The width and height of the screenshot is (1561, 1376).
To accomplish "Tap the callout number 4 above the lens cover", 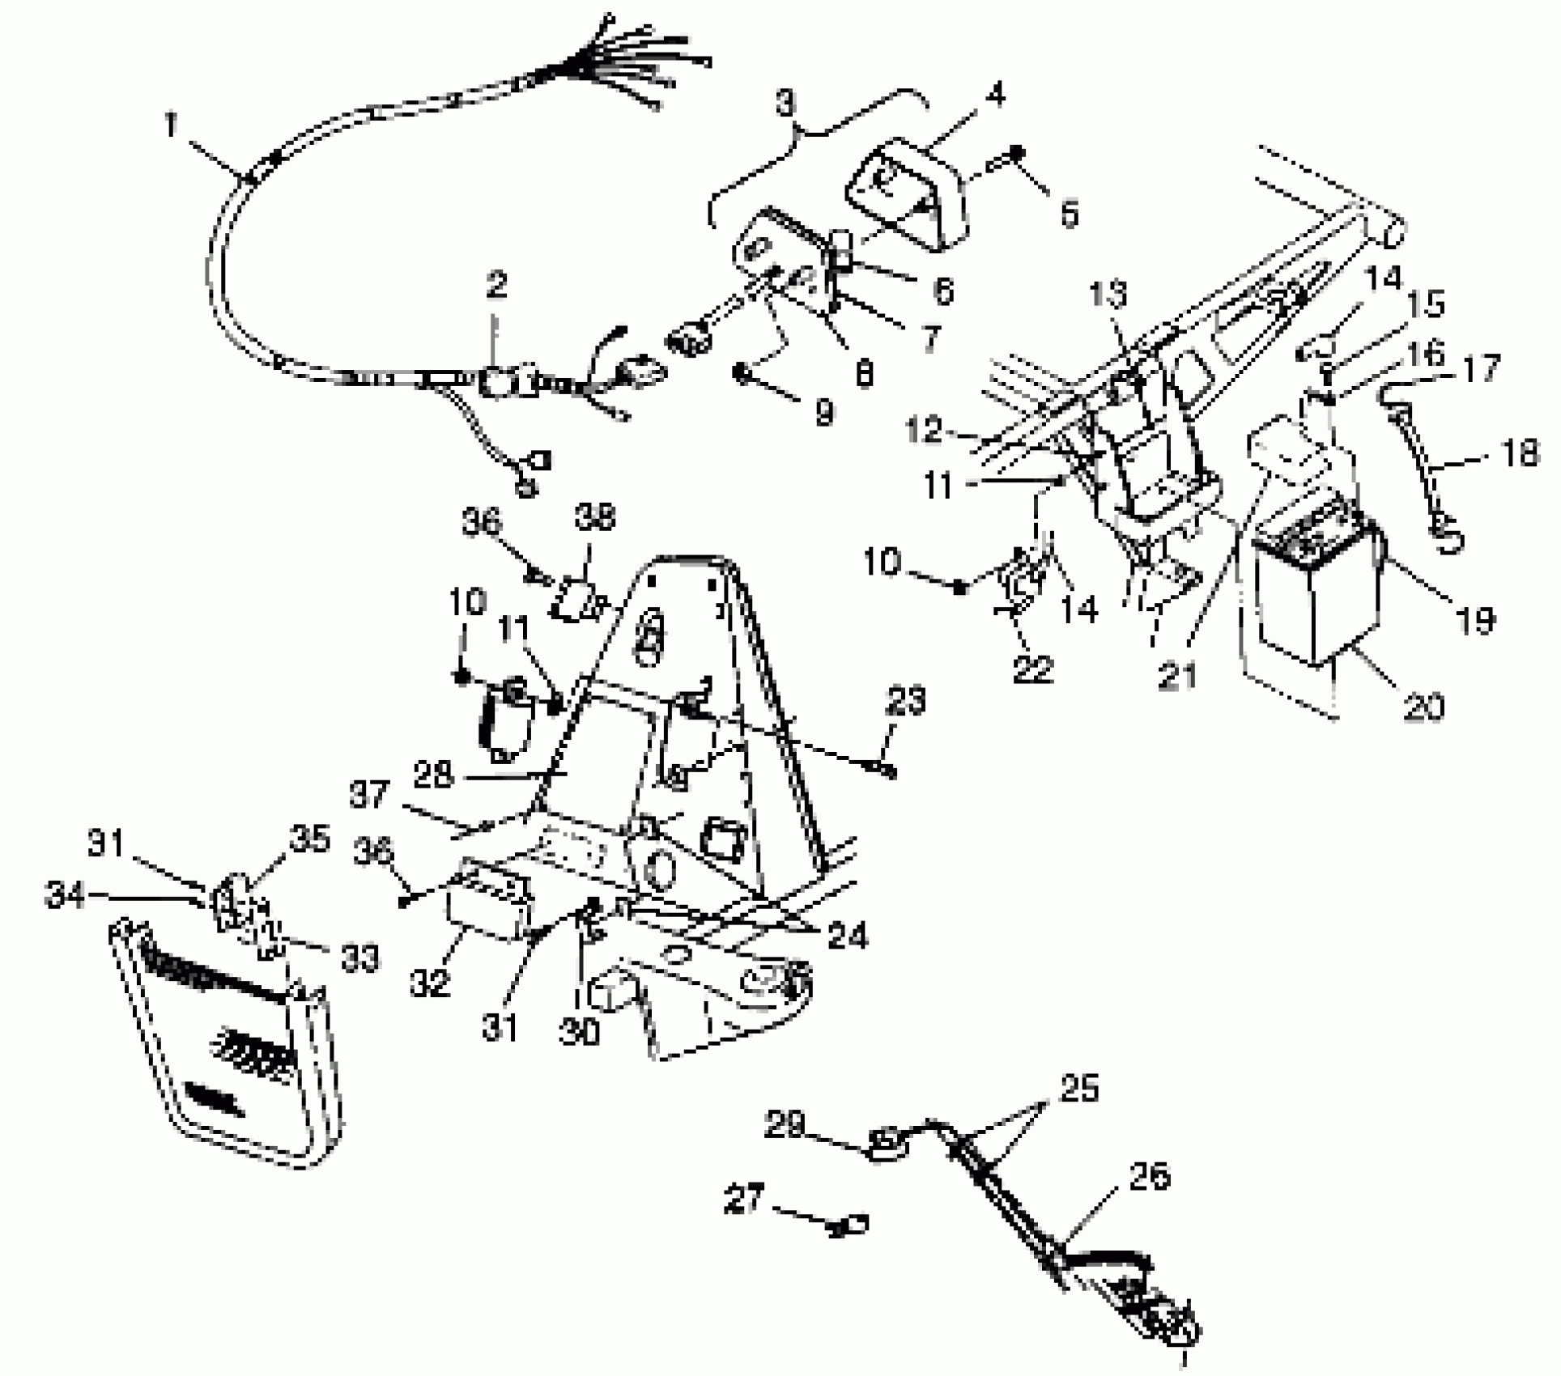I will click(995, 95).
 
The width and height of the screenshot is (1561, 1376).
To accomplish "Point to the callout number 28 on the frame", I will click(433, 775).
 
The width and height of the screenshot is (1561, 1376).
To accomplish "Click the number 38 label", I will click(595, 516).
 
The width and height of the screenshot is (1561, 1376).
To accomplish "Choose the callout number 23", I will click(904, 701).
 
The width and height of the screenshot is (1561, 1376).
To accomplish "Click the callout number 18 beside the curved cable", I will click(1516, 454).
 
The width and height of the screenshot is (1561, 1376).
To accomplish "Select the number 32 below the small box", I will click(429, 983).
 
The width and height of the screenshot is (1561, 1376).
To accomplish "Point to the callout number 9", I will click(823, 414).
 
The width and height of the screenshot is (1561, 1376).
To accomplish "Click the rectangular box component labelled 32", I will click(490, 907).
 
